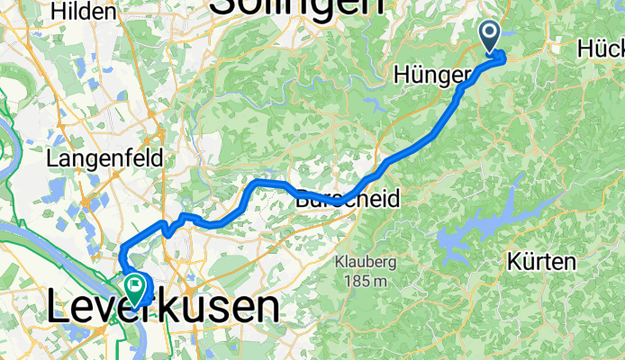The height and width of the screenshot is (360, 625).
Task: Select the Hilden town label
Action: [85, 12]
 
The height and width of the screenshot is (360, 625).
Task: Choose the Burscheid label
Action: [348, 200]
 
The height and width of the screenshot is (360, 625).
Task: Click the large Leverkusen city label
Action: [162, 309]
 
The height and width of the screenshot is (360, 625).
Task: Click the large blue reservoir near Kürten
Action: [477, 229]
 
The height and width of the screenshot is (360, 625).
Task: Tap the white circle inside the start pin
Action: [491, 32]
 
